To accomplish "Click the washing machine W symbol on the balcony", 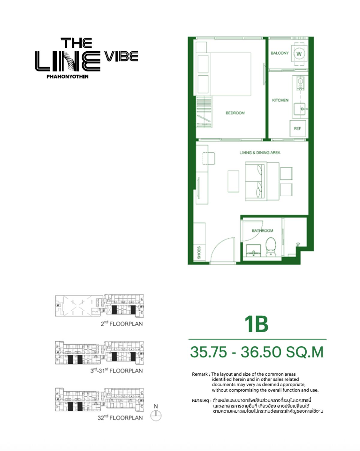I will [x=299, y=54].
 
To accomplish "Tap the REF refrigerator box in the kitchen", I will [x=298, y=128].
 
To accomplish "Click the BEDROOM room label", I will [x=235, y=113].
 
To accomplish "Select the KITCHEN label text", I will [x=280, y=100].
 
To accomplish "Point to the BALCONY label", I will [x=280, y=53].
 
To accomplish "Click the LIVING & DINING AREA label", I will [x=260, y=153].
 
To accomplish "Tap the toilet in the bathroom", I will [x=271, y=247].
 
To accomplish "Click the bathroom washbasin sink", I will [x=253, y=251].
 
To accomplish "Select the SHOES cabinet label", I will [x=199, y=253].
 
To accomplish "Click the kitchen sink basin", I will [x=299, y=109].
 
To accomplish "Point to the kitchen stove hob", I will [x=300, y=83].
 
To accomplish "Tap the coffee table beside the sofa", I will [x=233, y=181].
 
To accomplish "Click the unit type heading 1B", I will [x=256, y=324].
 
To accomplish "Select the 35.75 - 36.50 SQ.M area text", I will [x=257, y=352].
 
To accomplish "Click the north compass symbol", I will [x=156, y=415].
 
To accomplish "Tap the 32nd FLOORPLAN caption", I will [x=120, y=418].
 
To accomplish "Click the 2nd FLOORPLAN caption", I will [x=121, y=324].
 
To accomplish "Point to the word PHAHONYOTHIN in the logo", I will [x=67, y=77].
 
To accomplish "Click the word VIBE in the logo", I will [x=121, y=56].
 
